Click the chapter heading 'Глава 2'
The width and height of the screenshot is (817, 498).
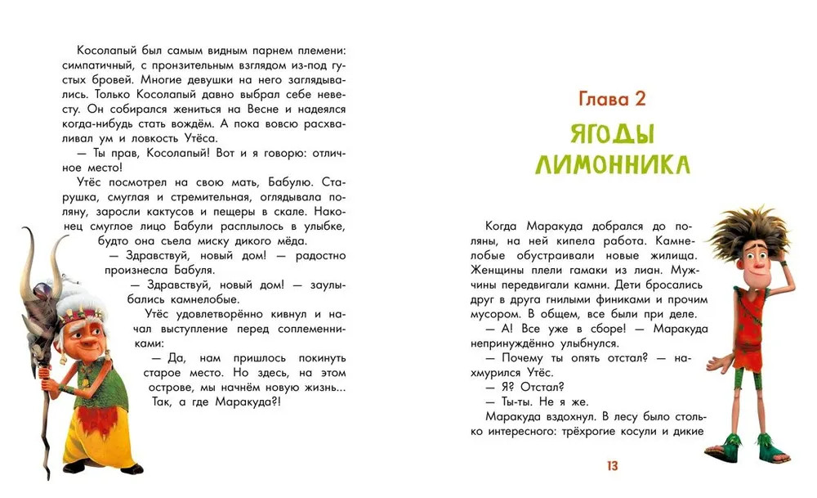(611, 100)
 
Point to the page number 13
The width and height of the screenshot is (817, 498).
(612, 466)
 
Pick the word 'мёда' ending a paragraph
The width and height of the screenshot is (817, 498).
(286, 240)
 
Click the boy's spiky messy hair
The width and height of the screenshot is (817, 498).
(747, 233)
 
